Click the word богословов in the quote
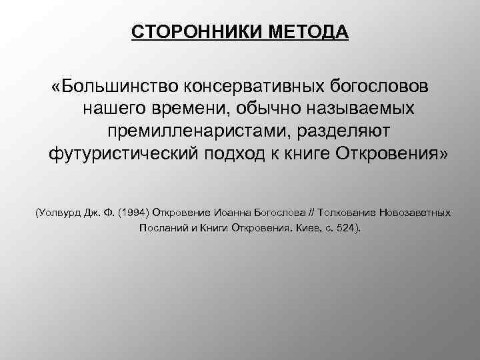click(379, 88)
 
